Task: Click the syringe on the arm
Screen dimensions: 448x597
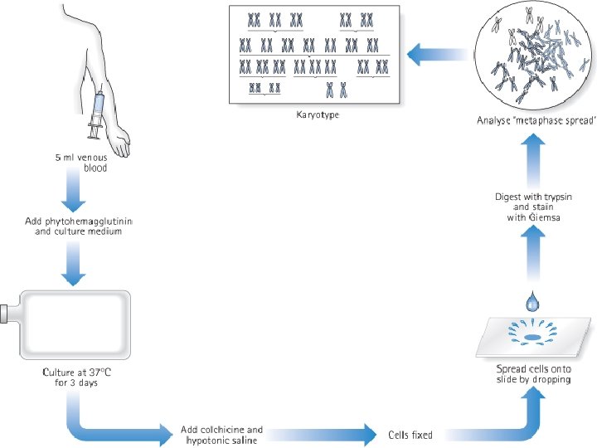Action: pyautogui.click(x=96, y=114)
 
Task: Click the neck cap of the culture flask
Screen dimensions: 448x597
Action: pyautogui.click(x=5, y=314)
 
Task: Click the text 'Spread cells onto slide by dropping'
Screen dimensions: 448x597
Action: pyautogui.click(x=533, y=373)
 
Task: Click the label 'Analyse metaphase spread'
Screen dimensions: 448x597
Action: pyautogui.click(x=536, y=120)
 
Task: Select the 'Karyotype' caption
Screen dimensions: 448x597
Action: pyautogui.click(x=318, y=114)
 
